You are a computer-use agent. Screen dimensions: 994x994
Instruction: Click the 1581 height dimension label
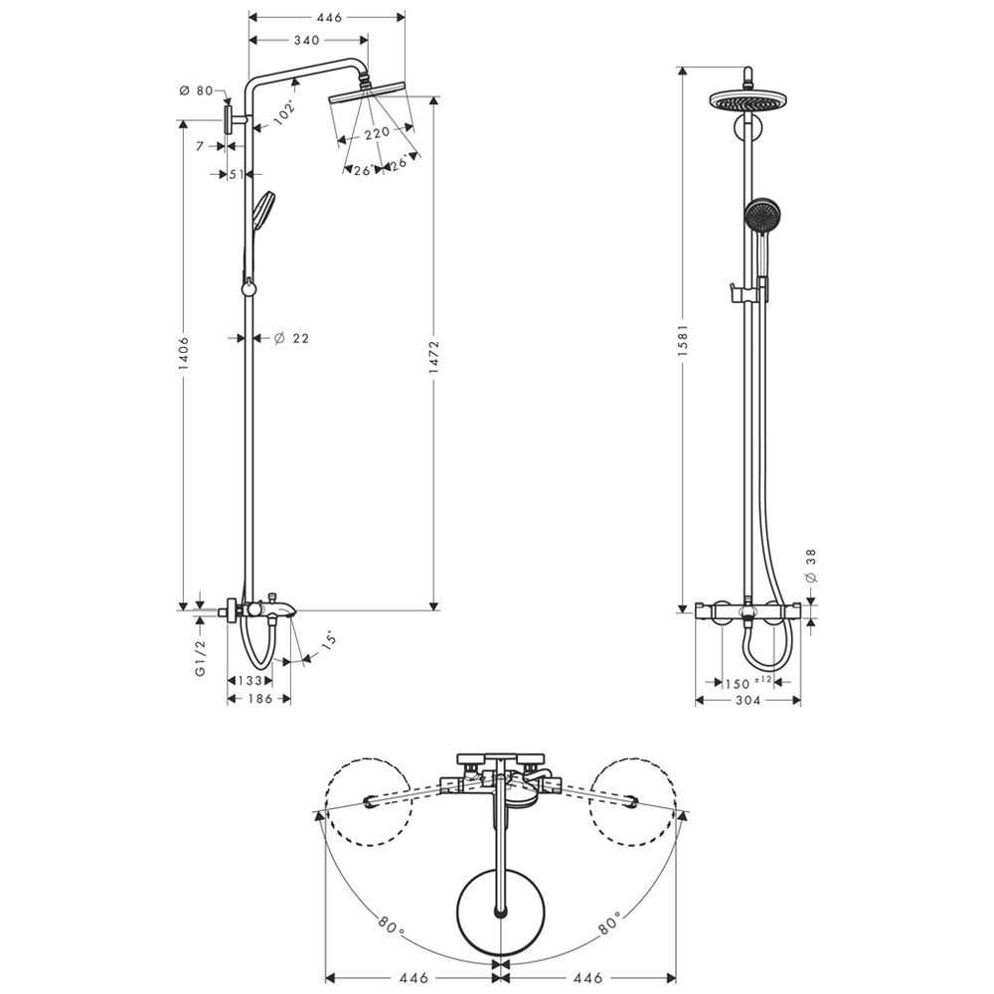683,340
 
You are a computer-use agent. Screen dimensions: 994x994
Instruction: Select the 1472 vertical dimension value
434,357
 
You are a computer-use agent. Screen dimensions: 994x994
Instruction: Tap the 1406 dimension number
183,353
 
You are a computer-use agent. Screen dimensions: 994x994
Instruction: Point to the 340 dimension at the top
307,40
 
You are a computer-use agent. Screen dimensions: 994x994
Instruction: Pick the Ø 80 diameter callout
197,90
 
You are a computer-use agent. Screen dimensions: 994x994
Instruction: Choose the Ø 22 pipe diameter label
291,339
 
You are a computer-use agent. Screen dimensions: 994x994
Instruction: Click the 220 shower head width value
377,132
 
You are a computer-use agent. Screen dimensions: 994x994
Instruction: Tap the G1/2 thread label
201,657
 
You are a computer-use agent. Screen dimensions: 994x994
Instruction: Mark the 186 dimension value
259,699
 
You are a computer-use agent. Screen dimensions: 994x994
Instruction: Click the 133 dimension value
250,680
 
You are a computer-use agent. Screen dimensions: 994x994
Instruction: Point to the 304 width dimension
748,700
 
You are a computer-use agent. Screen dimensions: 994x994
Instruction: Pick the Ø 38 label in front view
811,566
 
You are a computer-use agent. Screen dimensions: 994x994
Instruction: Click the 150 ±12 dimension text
748,683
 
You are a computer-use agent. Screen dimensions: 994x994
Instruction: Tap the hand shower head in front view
762,216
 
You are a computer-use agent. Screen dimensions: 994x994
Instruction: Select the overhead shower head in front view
748,100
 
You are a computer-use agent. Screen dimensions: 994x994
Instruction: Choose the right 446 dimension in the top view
588,978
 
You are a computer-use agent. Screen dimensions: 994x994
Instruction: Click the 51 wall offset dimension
237,174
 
